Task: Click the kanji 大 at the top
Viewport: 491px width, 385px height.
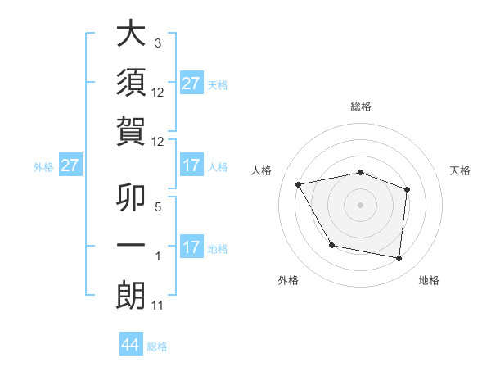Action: (x=131, y=34)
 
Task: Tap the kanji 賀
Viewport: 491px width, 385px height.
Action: (x=131, y=131)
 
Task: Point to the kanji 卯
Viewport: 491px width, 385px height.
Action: (x=131, y=197)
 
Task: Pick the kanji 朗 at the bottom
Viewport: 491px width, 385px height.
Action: (x=131, y=297)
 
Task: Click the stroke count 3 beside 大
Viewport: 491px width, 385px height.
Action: (x=158, y=43)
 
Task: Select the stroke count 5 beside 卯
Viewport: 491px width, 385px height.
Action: (x=158, y=206)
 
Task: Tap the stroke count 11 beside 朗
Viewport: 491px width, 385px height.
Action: (x=158, y=306)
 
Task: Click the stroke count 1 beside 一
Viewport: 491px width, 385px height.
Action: (x=158, y=256)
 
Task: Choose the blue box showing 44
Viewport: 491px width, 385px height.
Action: (x=131, y=345)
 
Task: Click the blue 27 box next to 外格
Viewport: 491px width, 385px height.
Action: (x=70, y=166)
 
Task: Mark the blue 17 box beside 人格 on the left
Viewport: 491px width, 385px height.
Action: (x=191, y=166)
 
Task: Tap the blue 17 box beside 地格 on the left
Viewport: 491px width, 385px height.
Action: (x=191, y=247)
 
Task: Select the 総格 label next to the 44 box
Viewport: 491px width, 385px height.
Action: (x=157, y=346)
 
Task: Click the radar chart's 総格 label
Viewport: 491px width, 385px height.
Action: (x=360, y=106)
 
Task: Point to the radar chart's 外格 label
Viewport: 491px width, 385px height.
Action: (x=288, y=281)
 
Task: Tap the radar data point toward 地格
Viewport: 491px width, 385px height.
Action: (x=399, y=259)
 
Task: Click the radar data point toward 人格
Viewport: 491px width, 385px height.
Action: (x=299, y=185)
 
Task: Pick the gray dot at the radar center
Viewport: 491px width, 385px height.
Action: (x=360, y=204)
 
